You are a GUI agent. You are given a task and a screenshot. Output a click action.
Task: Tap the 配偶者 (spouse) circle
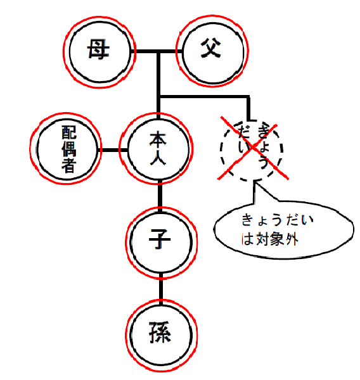coord(37,148)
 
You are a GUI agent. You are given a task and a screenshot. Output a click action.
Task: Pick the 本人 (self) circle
coord(127,148)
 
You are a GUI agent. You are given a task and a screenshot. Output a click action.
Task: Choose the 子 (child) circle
coord(131,242)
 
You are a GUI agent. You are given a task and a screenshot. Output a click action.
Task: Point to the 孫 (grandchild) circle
coord(131,335)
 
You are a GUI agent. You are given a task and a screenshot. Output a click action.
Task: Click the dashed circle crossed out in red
coord(221,150)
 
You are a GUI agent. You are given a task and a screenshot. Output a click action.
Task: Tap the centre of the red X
coord(252,148)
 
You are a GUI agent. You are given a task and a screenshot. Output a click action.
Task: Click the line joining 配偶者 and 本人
coord(113,150)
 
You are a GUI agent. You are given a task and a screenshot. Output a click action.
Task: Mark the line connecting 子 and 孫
coord(161,288)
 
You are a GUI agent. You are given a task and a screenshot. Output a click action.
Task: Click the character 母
coord(98,49)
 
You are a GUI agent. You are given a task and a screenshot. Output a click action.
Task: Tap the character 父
coord(211,48)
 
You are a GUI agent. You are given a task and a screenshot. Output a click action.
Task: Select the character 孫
coord(160,332)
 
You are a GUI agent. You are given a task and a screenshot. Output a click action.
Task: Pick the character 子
coord(160,239)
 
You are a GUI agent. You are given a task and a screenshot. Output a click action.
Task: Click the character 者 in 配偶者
coord(68,165)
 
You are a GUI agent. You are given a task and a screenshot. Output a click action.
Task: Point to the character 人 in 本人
coord(158,158)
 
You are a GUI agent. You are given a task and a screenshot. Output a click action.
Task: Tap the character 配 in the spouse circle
coord(69,132)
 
